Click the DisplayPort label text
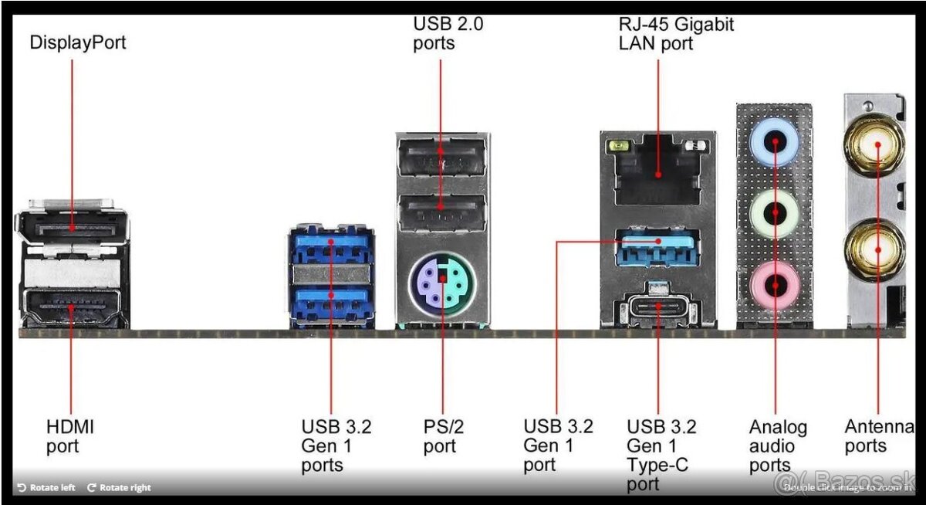(x=77, y=42)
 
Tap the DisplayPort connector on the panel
(x=72, y=225)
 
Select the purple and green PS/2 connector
(x=442, y=281)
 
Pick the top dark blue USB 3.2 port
(x=331, y=247)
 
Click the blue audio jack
(x=775, y=141)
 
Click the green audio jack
(x=775, y=212)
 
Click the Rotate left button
(x=46, y=487)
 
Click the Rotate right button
(x=119, y=487)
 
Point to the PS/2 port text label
(x=444, y=436)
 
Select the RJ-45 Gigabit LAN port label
(x=676, y=33)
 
